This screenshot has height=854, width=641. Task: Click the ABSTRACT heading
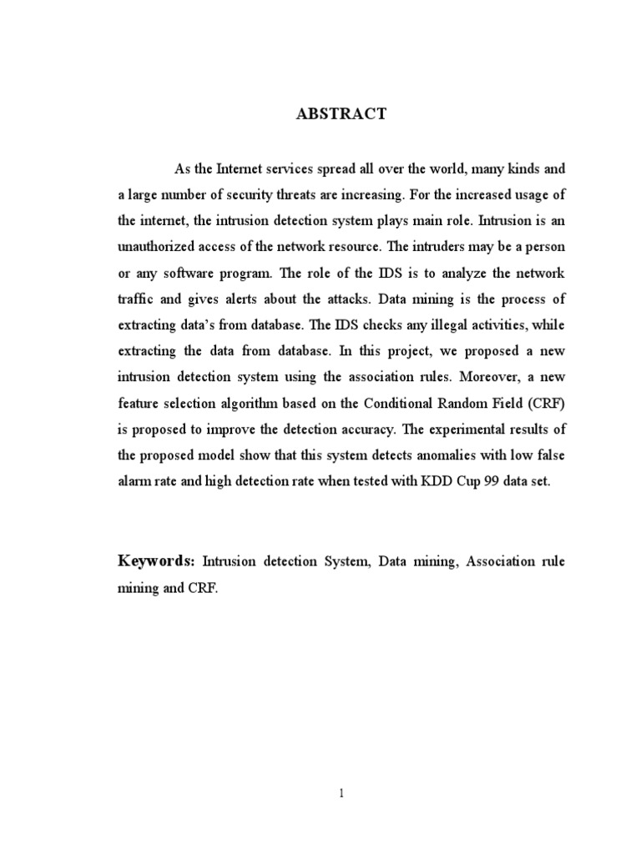(341, 115)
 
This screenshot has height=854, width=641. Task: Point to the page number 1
(341, 793)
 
